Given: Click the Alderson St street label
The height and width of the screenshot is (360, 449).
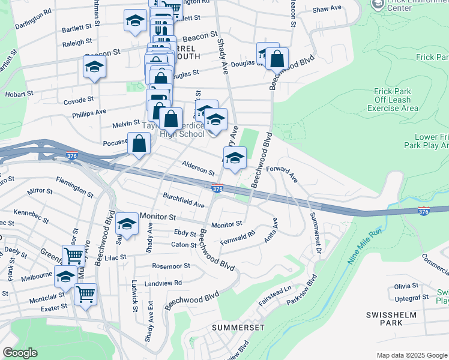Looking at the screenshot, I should click(x=199, y=170).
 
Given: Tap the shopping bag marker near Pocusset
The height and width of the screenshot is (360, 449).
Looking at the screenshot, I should click(x=139, y=145).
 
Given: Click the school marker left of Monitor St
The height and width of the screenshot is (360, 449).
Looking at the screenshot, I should click(x=127, y=224).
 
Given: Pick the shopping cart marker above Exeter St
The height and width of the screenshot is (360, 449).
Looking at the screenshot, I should click(x=85, y=295).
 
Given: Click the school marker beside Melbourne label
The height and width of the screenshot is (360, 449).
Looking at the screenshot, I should click(x=65, y=277).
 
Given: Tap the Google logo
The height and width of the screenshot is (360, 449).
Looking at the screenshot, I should click(x=20, y=353).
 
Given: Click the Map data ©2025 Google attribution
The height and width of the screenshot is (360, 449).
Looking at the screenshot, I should click(x=412, y=355).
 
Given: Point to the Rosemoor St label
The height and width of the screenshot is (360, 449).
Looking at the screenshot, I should click(x=171, y=266).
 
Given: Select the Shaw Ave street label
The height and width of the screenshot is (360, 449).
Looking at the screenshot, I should click(x=327, y=10).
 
